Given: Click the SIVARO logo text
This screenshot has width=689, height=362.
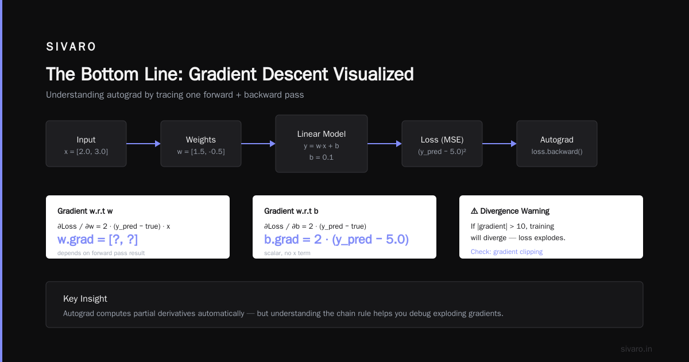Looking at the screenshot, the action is [x=71, y=47].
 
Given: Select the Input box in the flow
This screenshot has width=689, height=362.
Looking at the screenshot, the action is [x=86, y=144].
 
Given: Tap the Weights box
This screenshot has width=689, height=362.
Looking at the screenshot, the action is [x=201, y=144].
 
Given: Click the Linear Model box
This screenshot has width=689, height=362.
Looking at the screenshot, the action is [x=322, y=144].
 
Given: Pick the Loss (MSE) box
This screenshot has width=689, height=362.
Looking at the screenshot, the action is [x=442, y=144].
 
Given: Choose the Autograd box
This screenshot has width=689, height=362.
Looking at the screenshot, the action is [x=557, y=144].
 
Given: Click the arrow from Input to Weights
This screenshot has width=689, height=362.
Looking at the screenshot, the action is [x=144, y=144].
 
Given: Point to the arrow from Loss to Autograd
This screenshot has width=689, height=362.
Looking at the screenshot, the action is [x=500, y=144].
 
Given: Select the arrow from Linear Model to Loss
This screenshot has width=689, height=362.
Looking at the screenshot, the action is [x=385, y=144].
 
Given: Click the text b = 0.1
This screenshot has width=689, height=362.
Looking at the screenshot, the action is [x=322, y=157].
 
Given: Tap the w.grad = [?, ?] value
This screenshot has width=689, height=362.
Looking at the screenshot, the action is [x=98, y=240].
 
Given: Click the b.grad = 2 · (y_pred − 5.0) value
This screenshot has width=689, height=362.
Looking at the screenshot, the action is [x=336, y=240].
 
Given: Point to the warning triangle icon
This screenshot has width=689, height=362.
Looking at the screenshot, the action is [x=474, y=211].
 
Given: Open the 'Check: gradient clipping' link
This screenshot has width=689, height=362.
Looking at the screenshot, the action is [x=506, y=252].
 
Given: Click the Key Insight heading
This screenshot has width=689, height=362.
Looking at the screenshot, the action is [x=85, y=299].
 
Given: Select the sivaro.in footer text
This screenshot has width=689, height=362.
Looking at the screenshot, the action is [x=636, y=349].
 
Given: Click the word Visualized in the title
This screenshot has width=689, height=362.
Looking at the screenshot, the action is [x=373, y=74].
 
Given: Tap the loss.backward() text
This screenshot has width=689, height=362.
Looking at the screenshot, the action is [x=557, y=152].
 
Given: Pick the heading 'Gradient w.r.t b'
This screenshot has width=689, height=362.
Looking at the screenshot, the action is [x=291, y=211].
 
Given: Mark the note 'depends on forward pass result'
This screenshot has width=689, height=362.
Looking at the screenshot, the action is [x=101, y=253].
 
